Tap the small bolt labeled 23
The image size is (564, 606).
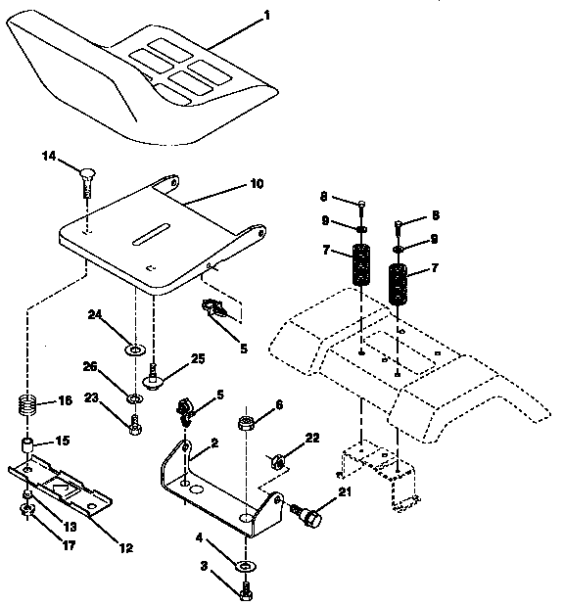coord(133,424)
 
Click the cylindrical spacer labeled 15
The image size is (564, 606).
coord(30,447)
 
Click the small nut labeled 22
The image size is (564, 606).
coord(277,458)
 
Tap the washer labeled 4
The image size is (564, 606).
coord(243,567)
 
